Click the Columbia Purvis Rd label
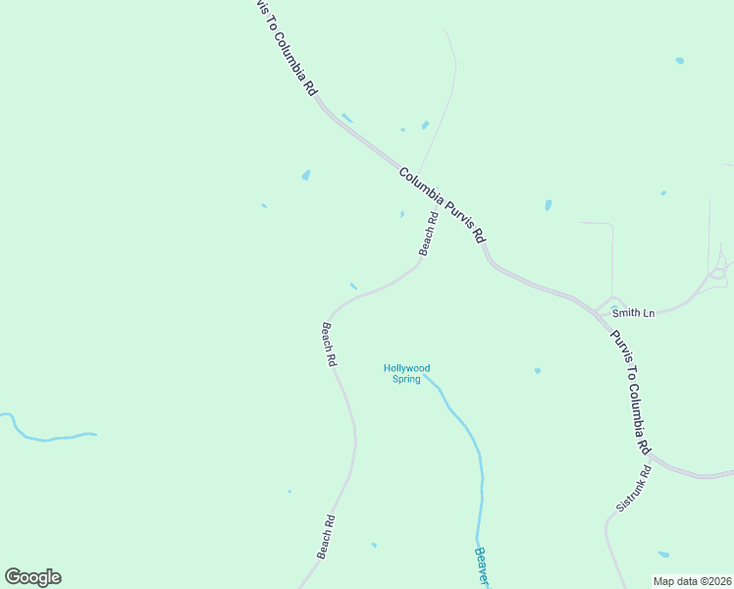(443, 205)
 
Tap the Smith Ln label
(633, 313)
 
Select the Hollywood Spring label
(406, 373)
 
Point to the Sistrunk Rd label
(634, 487)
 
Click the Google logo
(32, 577)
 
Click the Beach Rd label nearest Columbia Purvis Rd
(427, 234)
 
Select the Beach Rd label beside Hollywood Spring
(330, 345)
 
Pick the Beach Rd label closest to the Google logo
(326, 537)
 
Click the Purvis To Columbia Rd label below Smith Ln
(630, 391)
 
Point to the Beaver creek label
(481, 563)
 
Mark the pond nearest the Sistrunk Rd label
(663, 555)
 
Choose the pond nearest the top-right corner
(679, 61)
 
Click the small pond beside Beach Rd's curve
(353, 286)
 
